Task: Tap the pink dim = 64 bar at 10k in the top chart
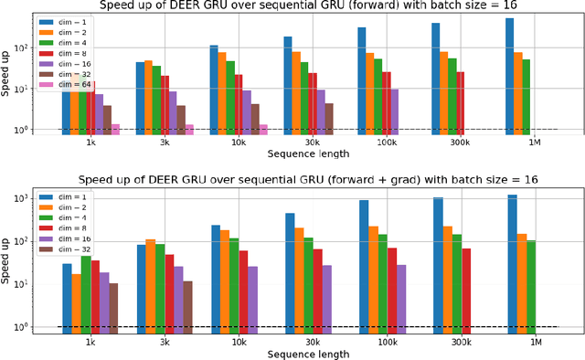tap(263, 129)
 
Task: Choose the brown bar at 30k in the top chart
tap(329, 118)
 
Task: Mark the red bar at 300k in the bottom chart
tap(467, 287)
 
